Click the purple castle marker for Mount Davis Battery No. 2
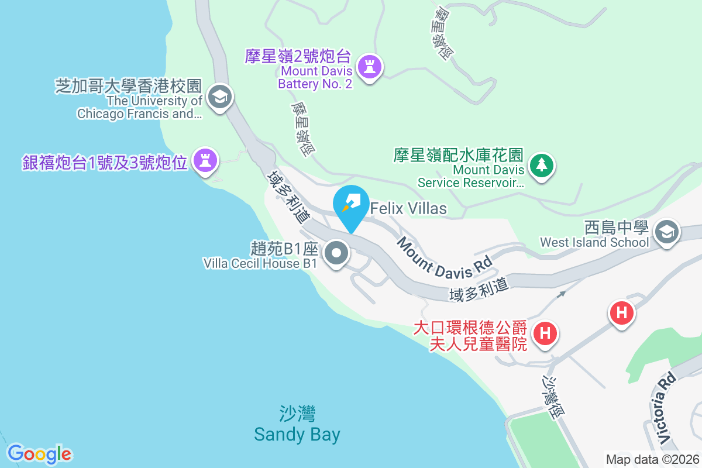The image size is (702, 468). pyautogui.click(x=369, y=67)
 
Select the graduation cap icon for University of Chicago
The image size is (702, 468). pyautogui.click(x=220, y=97)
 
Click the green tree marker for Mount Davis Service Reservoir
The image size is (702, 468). pyautogui.click(x=542, y=166)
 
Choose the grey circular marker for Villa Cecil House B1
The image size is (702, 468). pyautogui.click(x=337, y=254)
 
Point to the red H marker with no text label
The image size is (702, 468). pyautogui.click(x=622, y=312)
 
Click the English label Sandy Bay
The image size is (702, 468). pyautogui.click(x=297, y=435)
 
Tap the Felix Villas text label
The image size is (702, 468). pyautogui.click(x=408, y=208)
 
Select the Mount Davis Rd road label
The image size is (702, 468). pyautogui.click(x=444, y=257)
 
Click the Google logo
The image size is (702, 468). pyautogui.click(x=40, y=454)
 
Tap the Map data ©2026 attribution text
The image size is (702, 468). pyautogui.click(x=652, y=459)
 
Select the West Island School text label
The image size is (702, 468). pyautogui.click(x=594, y=242)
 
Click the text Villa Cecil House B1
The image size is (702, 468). pyautogui.click(x=260, y=264)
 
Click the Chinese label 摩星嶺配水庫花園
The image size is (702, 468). pyautogui.click(x=458, y=155)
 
